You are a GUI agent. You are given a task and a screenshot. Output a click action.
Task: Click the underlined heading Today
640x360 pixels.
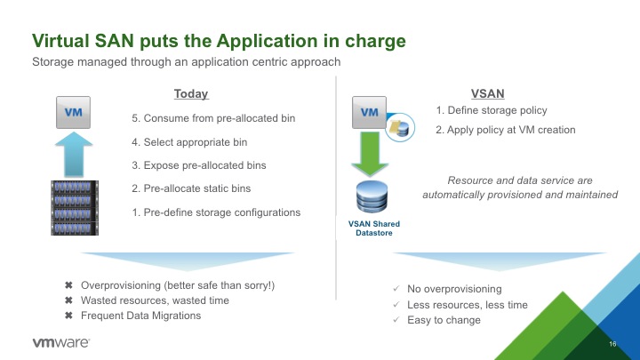191,94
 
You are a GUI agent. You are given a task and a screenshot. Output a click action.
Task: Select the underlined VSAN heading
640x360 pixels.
487,94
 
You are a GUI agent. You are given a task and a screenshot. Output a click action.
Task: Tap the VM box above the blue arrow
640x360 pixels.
73,112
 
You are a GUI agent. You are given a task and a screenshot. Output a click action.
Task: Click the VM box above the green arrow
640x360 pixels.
369,112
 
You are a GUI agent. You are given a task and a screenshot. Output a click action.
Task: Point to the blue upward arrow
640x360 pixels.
74,155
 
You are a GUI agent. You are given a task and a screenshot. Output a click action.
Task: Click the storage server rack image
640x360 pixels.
75,208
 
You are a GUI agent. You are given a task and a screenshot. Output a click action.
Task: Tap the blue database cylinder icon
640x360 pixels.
372,196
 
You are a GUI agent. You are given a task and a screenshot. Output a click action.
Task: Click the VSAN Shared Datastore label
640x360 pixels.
374,228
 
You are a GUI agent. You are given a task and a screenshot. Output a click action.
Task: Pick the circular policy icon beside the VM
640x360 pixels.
400,127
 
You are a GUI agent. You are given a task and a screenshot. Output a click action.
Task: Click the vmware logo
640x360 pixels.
60,342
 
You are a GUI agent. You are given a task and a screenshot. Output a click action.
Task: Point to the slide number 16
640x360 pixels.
612,344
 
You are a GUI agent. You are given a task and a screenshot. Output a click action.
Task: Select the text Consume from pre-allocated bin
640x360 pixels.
220,118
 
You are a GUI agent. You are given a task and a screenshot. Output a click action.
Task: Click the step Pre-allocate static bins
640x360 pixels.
197,188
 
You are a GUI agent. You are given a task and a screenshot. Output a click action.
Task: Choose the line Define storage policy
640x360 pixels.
497,110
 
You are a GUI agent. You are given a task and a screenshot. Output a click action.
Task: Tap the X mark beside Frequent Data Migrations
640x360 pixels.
68,315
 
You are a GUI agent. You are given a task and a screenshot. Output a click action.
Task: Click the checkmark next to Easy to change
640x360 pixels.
396,320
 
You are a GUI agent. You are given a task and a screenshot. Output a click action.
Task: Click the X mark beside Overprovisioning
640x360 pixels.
68,285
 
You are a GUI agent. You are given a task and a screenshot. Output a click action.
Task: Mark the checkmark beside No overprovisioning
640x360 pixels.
396,288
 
